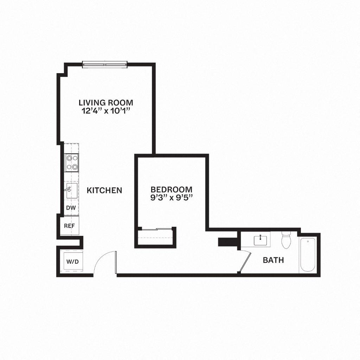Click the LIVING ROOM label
(x=106, y=103)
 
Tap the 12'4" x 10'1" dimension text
(x=106, y=110)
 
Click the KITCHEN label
(x=104, y=191)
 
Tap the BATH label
(x=273, y=261)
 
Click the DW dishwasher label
(x=71, y=208)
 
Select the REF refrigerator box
(x=69, y=225)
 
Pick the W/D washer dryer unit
(x=70, y=262)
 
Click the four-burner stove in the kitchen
(x=71, y=163)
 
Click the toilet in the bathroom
(x=286, y=240)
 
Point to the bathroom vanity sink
(x=260, y=240)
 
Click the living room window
(x=104, y=64)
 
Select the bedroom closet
(x=156, y=237)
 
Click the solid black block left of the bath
(x=227, y=243)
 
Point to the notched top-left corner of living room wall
(x=63, y=70)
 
